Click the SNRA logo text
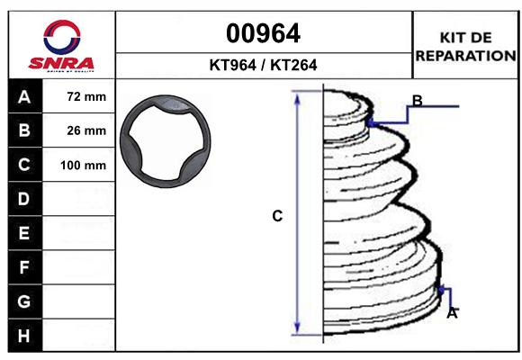click(61, 63)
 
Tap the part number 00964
click(263, 33)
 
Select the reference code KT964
click(233, 65)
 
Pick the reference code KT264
click(293, 65)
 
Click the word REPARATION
click(465, 56)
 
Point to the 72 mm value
click(86, 96)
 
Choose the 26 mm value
click(86, 130)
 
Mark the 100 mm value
click(83, 166)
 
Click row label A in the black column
click(24, 97)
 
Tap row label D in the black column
click(23, 199)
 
